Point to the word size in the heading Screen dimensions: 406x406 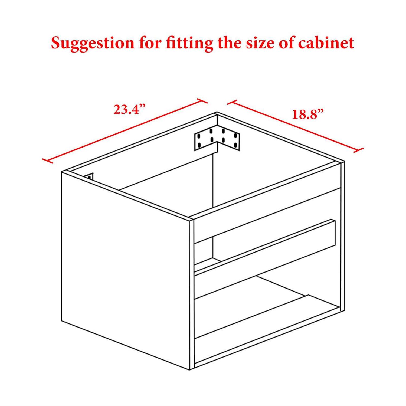[x=260, y=43]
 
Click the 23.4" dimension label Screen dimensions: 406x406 [x=129, y=109]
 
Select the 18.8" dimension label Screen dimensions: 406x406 [x=308, y=114]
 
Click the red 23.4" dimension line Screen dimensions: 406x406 [x=125, y=131]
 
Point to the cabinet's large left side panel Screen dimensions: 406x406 [x=125, y=271]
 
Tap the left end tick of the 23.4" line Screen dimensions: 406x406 [x=48, y=161]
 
